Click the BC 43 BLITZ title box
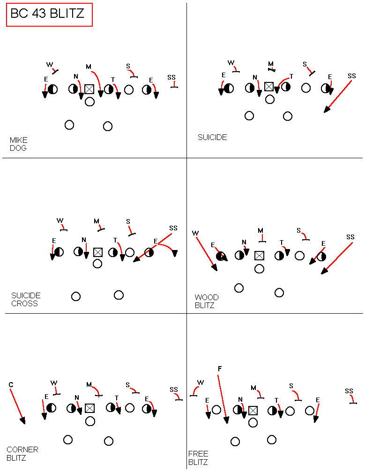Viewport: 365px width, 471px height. (49, 15)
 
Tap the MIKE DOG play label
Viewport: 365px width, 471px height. (18, 144)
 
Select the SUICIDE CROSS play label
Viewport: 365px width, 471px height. (26, 300)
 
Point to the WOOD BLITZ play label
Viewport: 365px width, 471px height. (207, 302)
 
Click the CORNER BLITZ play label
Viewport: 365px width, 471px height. (22, 454)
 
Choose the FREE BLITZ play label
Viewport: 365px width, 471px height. (198, 458)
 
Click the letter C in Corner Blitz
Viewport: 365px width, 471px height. (11, 385)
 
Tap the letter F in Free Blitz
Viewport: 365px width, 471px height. (220, 368)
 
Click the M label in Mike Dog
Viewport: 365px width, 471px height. (89, 66)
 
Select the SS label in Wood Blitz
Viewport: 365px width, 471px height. (350, 237)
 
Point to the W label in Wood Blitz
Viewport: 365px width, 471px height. (195, 233)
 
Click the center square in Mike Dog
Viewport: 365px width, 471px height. (89, 89)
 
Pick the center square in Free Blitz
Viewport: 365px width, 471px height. (253, 410)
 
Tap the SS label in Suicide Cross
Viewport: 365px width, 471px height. (173, 228)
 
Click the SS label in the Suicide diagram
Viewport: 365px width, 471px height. (352, 76)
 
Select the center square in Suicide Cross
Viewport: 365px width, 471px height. (98, 252)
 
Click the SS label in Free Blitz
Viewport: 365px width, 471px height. (349, 391)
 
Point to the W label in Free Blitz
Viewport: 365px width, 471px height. (201, 383)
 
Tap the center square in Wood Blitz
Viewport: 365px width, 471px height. (259, 256)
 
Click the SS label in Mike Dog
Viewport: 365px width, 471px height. (171, 78)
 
